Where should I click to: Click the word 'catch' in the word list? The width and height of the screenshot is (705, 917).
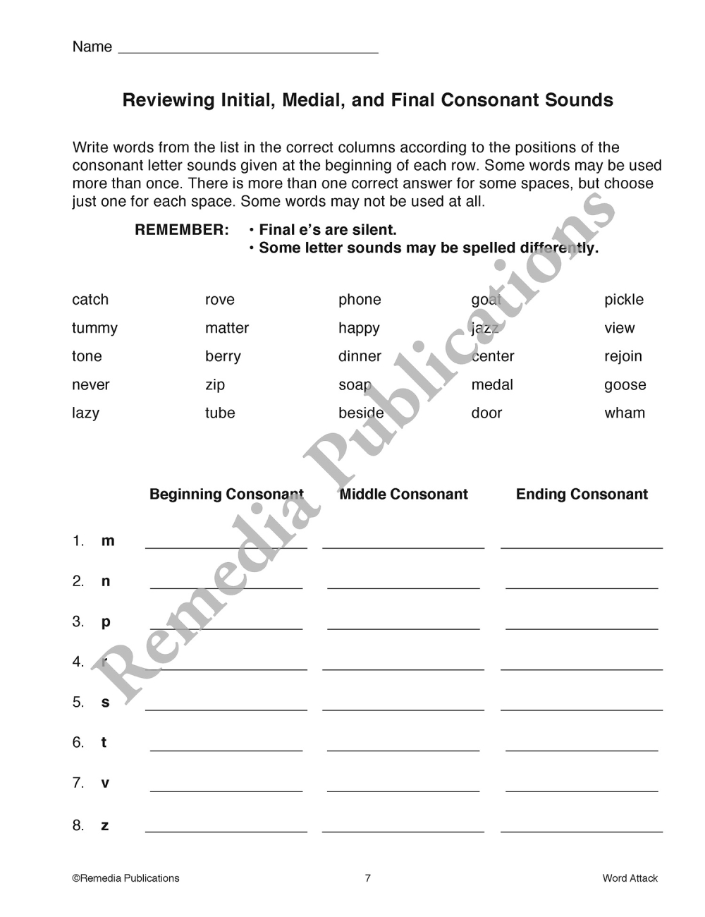90,300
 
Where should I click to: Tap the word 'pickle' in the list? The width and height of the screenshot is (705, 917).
624,300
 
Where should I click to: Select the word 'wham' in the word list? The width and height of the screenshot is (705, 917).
625,413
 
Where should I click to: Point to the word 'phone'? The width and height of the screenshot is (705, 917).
360,300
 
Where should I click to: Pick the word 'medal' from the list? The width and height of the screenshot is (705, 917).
492,385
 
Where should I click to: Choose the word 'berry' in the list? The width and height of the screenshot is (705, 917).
223,357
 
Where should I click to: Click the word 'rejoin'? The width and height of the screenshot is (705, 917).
623,357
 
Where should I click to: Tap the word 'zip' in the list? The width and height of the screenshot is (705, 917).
215,385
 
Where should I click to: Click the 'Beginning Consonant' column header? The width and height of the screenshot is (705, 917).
226,494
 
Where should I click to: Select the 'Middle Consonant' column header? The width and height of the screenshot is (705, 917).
403,494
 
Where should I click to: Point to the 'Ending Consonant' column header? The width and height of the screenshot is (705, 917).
582,494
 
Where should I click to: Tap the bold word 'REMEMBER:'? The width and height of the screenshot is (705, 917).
182,230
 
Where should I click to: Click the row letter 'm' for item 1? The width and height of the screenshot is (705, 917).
108,541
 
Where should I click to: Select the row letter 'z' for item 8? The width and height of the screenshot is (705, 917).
105,826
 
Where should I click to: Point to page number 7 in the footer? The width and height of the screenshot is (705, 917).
367,878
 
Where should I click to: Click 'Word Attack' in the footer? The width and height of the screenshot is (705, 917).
630,878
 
